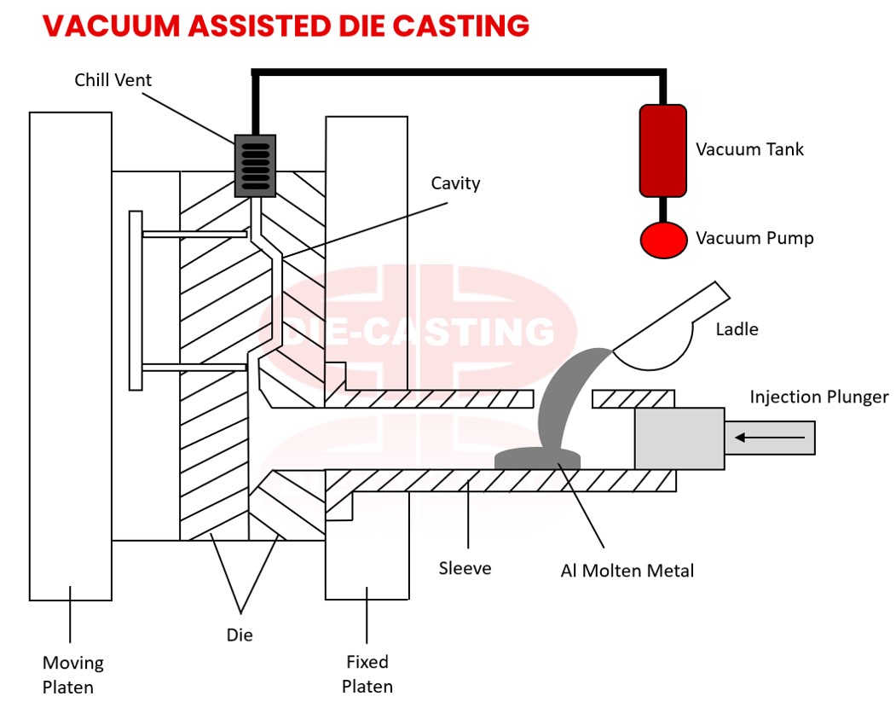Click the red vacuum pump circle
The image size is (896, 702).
[x=663, y=239]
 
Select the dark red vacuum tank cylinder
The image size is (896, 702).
[x=663, y=150]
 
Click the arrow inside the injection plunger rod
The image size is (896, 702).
[x=770, y=438]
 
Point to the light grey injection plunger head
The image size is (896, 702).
[x=679, y=438]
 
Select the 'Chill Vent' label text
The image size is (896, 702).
[x=113, y=80]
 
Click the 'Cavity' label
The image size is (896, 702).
[x=455, y=183]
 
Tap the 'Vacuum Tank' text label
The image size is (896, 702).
[x=749, y=149]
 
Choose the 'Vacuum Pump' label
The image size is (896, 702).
[x=754, y=238]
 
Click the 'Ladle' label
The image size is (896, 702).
[x=737, y=328]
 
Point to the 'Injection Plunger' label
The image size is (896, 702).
[x=818, y=397]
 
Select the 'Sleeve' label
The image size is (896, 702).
[x=465, y=568]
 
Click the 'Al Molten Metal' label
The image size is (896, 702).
[x=627, y=571]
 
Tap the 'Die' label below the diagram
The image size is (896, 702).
[x=240, y=635]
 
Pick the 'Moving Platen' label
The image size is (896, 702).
[x=73, y=674]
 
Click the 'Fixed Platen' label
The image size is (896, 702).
[x=367, y=673]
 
